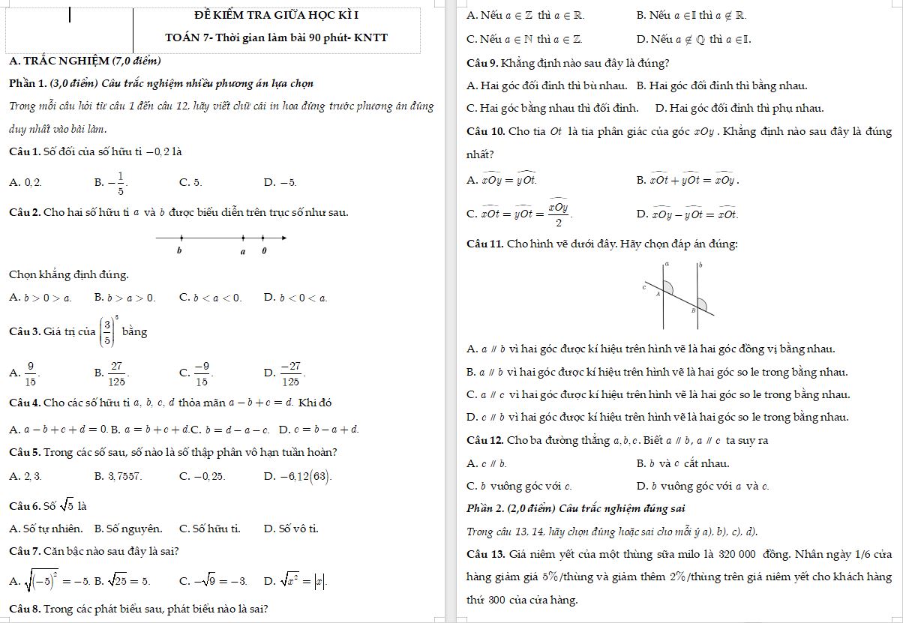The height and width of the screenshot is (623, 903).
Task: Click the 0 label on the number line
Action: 264,251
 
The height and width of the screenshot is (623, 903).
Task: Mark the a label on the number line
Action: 242,251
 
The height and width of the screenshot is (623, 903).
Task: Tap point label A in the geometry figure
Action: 658,295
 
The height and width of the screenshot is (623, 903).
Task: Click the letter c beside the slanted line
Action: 644,286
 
